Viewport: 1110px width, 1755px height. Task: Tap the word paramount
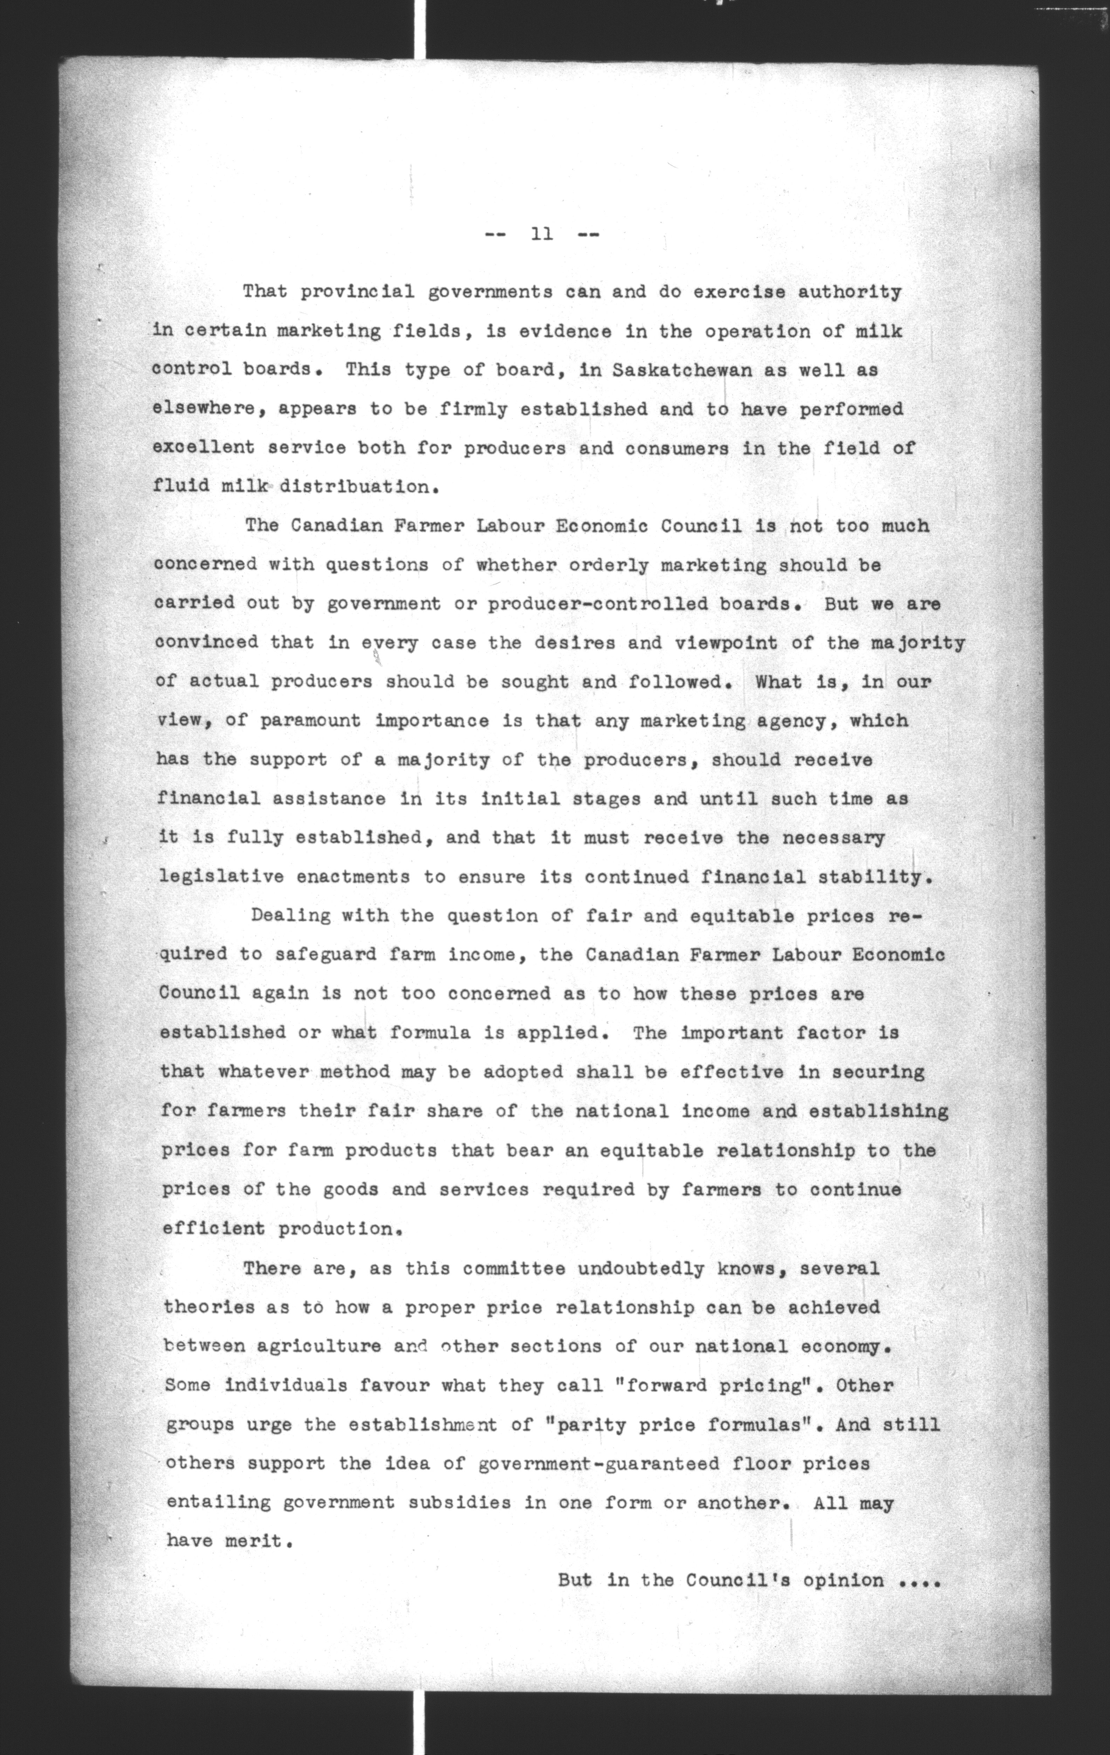[x=310, y=721]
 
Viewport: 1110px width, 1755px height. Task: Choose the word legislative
[x=221, y=877]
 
